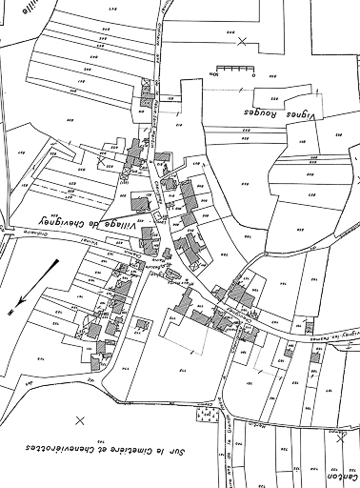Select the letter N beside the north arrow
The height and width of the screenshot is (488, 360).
click(10, 312)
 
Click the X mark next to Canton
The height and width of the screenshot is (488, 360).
click(341, 438)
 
